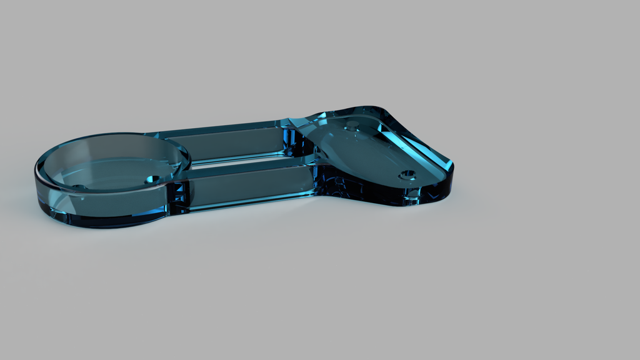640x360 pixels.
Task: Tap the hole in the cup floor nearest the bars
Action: (x=152, y=179)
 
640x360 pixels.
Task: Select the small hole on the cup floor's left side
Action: (x=79, y=187)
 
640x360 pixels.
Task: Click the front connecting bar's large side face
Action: (x=250, y=185)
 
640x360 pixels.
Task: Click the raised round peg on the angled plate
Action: (x=352, y=124)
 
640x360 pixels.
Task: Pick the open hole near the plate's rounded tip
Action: (x=407, y=174)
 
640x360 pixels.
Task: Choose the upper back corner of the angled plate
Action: (x=375, y=109)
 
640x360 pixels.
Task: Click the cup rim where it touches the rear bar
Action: (x=169, y=139)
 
